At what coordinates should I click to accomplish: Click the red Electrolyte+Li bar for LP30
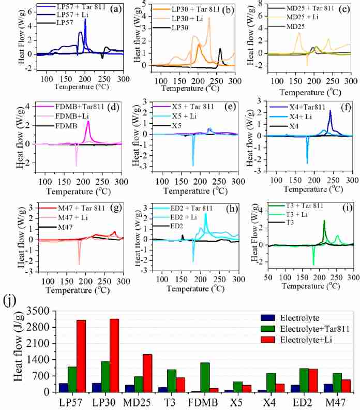coord(114,355)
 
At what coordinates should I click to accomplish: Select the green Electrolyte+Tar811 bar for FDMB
coord(205,377)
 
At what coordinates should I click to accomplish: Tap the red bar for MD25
coord(147,373)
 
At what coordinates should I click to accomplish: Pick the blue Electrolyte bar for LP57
coord(63,388)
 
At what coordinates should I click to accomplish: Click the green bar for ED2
coord(304,380)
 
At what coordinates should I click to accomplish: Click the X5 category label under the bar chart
coord(236,403)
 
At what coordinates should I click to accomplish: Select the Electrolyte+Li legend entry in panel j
coord(296,340)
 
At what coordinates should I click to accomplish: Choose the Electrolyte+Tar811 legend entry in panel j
coord(305,329)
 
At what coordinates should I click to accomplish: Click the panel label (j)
coord(10,301)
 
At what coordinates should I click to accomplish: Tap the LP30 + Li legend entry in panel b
coord(177,19)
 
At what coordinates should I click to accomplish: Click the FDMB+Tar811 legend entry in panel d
coord(70,107)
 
